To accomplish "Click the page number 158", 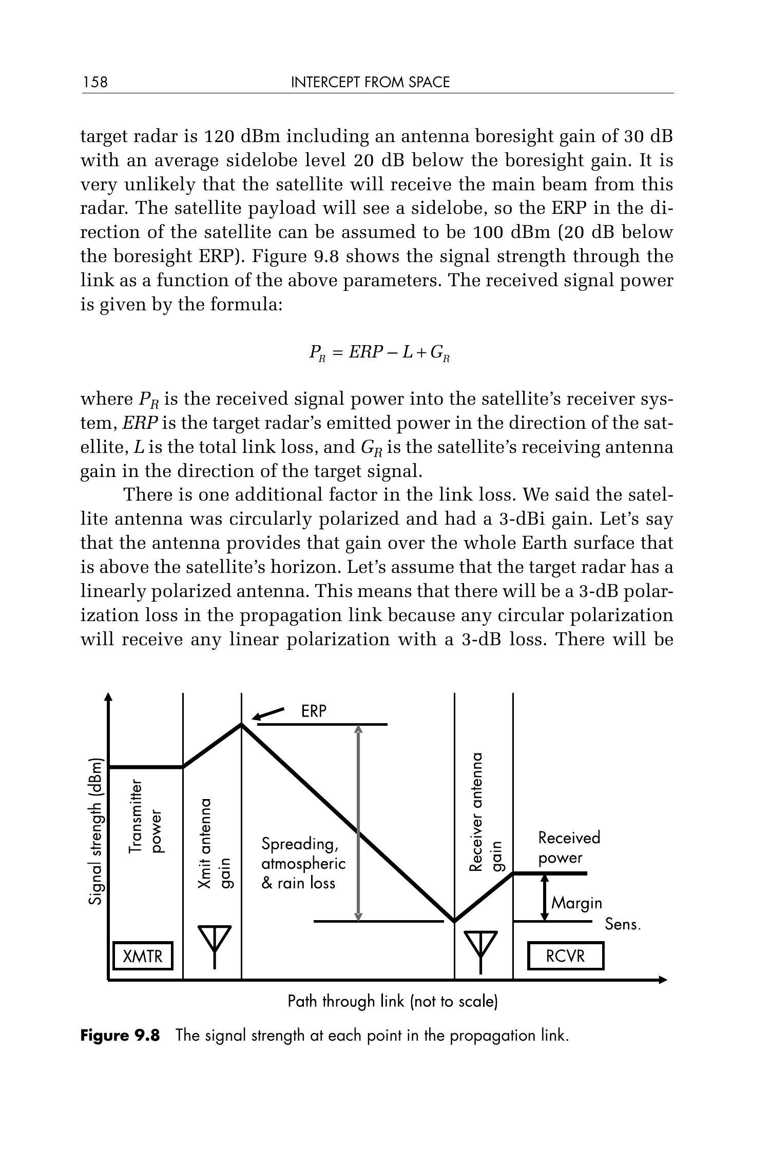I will (x=95, y=83).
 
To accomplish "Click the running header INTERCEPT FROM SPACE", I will (x=370, y=83).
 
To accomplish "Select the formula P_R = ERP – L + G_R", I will (x=379, y=353).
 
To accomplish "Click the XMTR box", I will (x=143, y=956).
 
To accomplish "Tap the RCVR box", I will (x=565, y=956).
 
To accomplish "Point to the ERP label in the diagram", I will (x=314, y=711).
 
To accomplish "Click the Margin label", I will (x=576, y=903).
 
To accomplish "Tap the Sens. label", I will (x=623, y=924).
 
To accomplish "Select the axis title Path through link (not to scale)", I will (x=393, y=1001).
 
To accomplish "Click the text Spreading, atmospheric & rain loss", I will (x=303, y=863).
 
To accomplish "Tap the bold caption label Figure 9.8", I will (x=120, y=1036).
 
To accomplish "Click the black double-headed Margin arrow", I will (x=545, y=897).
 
